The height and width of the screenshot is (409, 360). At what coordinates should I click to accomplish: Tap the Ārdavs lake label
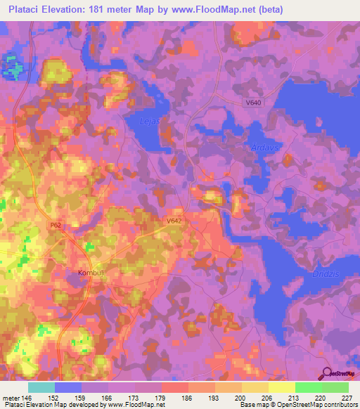[262, 148]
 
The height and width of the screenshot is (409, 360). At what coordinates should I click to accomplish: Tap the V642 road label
[175, 220]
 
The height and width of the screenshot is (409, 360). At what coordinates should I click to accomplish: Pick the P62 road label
[56, 226]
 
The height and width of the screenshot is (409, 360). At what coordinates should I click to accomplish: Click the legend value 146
[27, 396]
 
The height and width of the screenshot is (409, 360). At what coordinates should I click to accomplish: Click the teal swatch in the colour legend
[41, 387]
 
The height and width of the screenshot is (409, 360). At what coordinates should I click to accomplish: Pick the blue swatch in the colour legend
[68, 387]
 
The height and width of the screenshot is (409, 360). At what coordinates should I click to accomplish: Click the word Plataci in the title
[22, 9]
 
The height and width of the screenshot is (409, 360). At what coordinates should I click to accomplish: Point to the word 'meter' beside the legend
[11, 396]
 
